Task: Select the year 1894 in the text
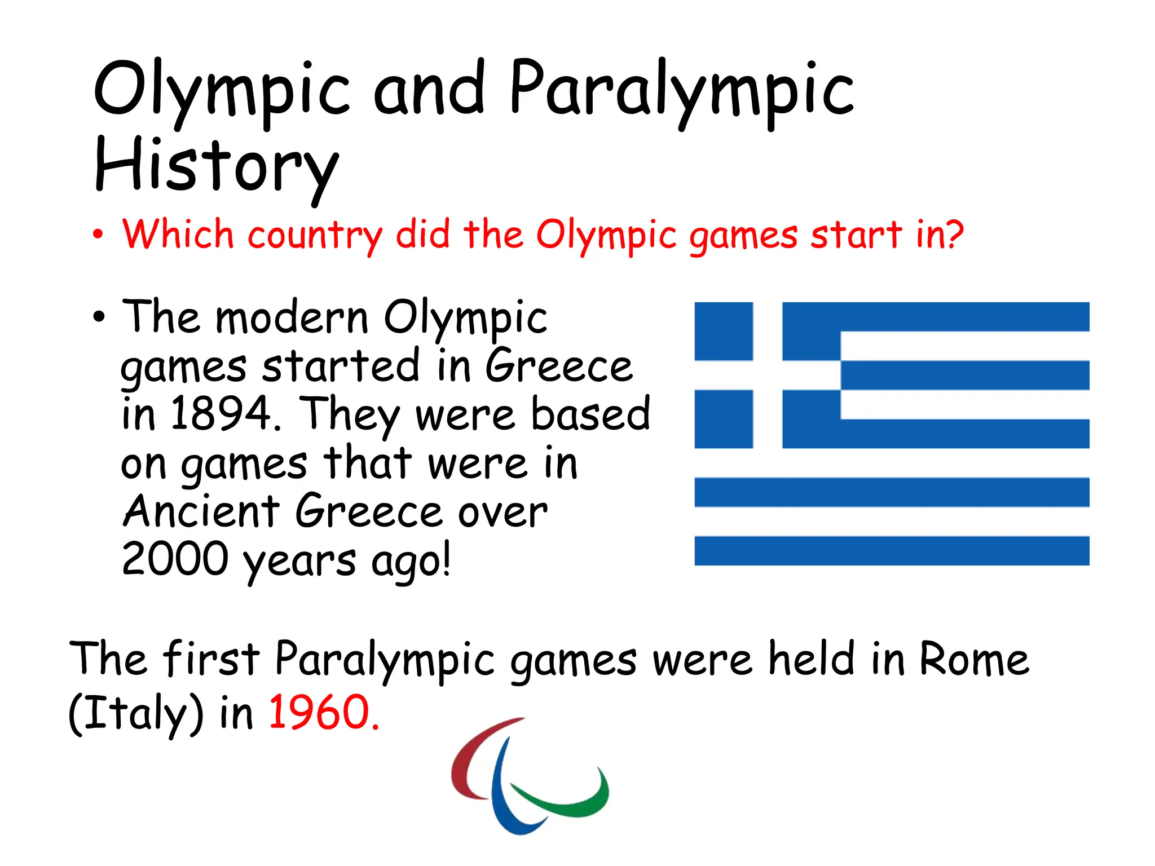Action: [x=221, y=414]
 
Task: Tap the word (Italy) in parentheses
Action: [x=135, y=713]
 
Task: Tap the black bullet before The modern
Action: [x=99, y=317]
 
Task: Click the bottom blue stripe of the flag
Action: [x=891, y=551]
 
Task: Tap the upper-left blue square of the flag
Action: [x=724, y=332]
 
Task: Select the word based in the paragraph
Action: [x=590, y=414]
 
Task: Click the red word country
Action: [x=315, y=235]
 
